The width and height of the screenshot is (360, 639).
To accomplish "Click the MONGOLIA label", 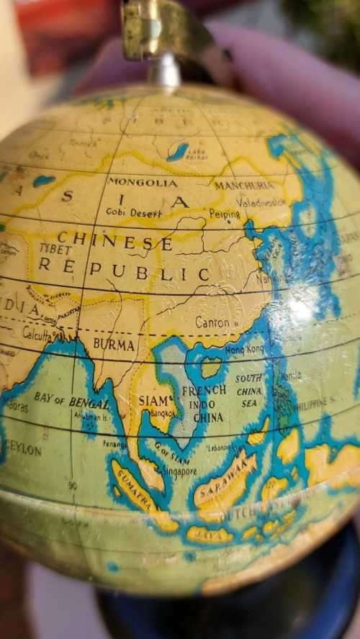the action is [x=142, y=182].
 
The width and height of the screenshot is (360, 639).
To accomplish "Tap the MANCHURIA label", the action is [x=244, y=185].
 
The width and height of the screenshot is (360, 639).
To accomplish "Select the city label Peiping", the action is [x=225, y=214].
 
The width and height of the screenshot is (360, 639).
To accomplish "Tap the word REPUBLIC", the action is [x=124, y=271].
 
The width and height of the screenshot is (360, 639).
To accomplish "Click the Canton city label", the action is [x=213, y=322].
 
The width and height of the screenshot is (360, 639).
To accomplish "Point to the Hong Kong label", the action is [x=245, y=349].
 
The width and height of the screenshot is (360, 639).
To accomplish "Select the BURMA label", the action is [x=114, y=344].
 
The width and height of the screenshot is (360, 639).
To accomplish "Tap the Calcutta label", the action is [x=40, y=334].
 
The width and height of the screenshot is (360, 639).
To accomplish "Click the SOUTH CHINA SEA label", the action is [x=249, y=391].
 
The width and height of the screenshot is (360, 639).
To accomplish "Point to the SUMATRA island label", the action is [x=135, y=487].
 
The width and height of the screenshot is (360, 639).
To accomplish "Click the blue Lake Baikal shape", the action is [x=177, y=151].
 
